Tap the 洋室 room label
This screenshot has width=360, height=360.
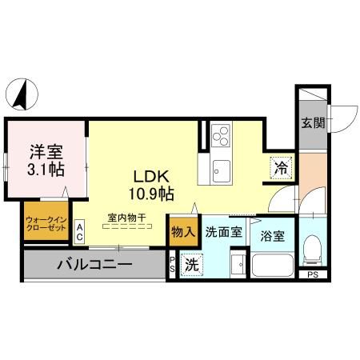(x=46, y=150)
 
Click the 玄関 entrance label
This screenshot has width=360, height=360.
(x=312, y=123)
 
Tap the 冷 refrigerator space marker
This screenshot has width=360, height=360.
(x=280, y=167)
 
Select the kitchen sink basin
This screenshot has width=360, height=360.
(x=221, y=170)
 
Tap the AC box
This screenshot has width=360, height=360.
(x=80, y=231)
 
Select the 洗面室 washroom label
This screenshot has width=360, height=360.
(x=223, y=233)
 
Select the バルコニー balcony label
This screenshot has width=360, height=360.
(x=94, y=264)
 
